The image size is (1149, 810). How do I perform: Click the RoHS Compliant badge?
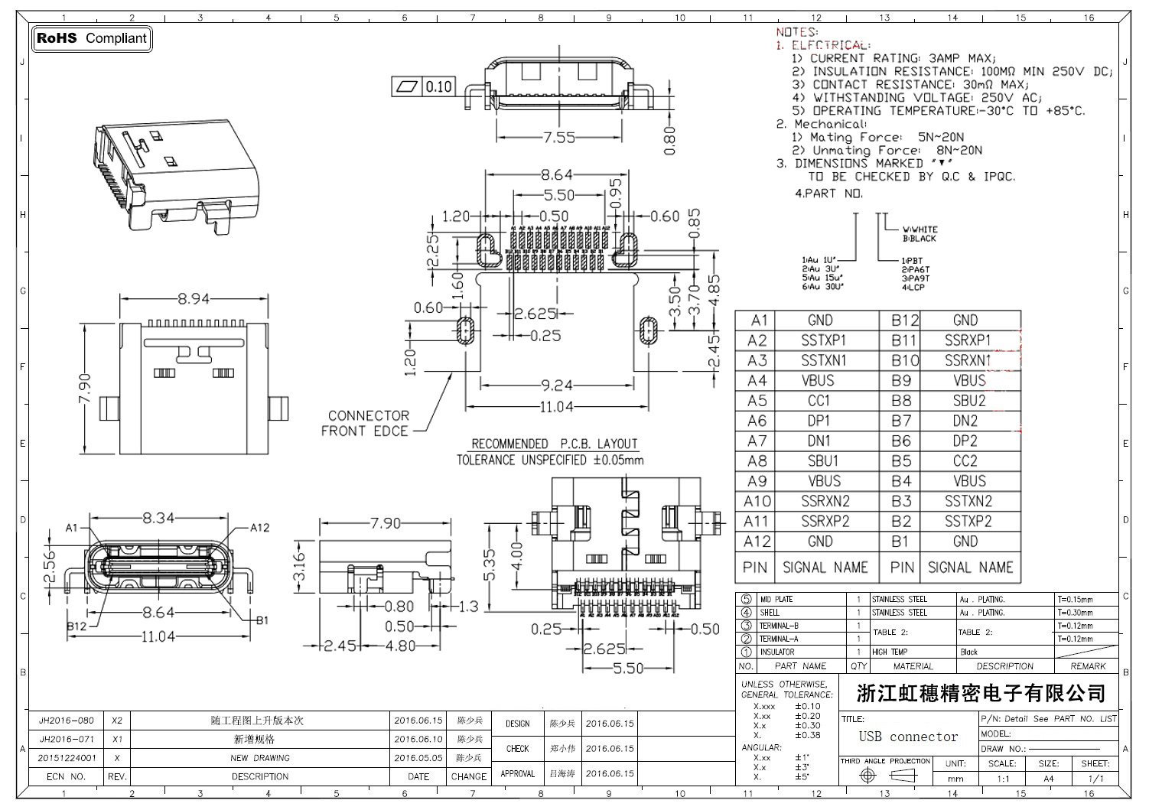[x=92, y=38]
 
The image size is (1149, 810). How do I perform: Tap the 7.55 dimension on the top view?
[x=559, y=138]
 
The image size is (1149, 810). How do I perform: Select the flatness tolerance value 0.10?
[x=438, y=86]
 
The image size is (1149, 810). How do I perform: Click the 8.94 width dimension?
[x=194, y=298]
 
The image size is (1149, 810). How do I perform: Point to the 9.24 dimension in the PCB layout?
[x=557, y=385]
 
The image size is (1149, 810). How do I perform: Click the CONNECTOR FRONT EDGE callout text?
[x=368, y=423]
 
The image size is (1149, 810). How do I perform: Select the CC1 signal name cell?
[x=819, y=401]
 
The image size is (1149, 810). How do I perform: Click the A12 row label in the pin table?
[x=757, y=542]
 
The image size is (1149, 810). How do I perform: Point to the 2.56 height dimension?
[x=50, y=564]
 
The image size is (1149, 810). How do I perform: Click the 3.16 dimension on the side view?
[x=299, y=567]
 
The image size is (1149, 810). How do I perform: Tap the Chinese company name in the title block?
[x=981, y=694]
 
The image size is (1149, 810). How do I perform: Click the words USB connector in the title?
[x=908, y=737]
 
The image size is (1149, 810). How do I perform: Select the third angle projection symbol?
[x=886, y=776]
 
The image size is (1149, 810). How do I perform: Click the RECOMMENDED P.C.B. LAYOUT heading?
[x=555, y=444]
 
